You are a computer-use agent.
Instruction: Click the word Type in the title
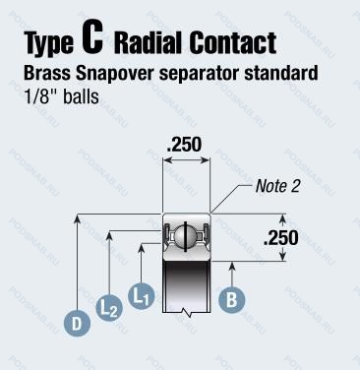click(x=49, y=43)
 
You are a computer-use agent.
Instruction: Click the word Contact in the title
click(x=233, y=42)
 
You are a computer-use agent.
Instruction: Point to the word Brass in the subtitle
click(x=47, y=73)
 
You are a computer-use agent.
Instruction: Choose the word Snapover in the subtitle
click(x=115, y=74)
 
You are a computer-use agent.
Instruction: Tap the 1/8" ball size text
click(x=40, y=96)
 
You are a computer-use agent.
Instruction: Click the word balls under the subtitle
click(x=81, y=96)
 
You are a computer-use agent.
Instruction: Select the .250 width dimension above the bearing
click(x=184, y=145)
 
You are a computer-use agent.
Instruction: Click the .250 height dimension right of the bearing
click(x=281, y=238)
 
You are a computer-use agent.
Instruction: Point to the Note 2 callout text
click(x=277, y=186)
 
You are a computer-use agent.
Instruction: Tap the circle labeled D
click(x=77, y=324)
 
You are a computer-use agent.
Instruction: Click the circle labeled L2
click(x=109, y=309)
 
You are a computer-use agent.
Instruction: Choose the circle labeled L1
click(x=141, y=296)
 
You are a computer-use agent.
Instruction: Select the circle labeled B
click(x=232, y=299)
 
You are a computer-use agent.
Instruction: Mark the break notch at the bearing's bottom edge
click(x=186, y=312)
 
